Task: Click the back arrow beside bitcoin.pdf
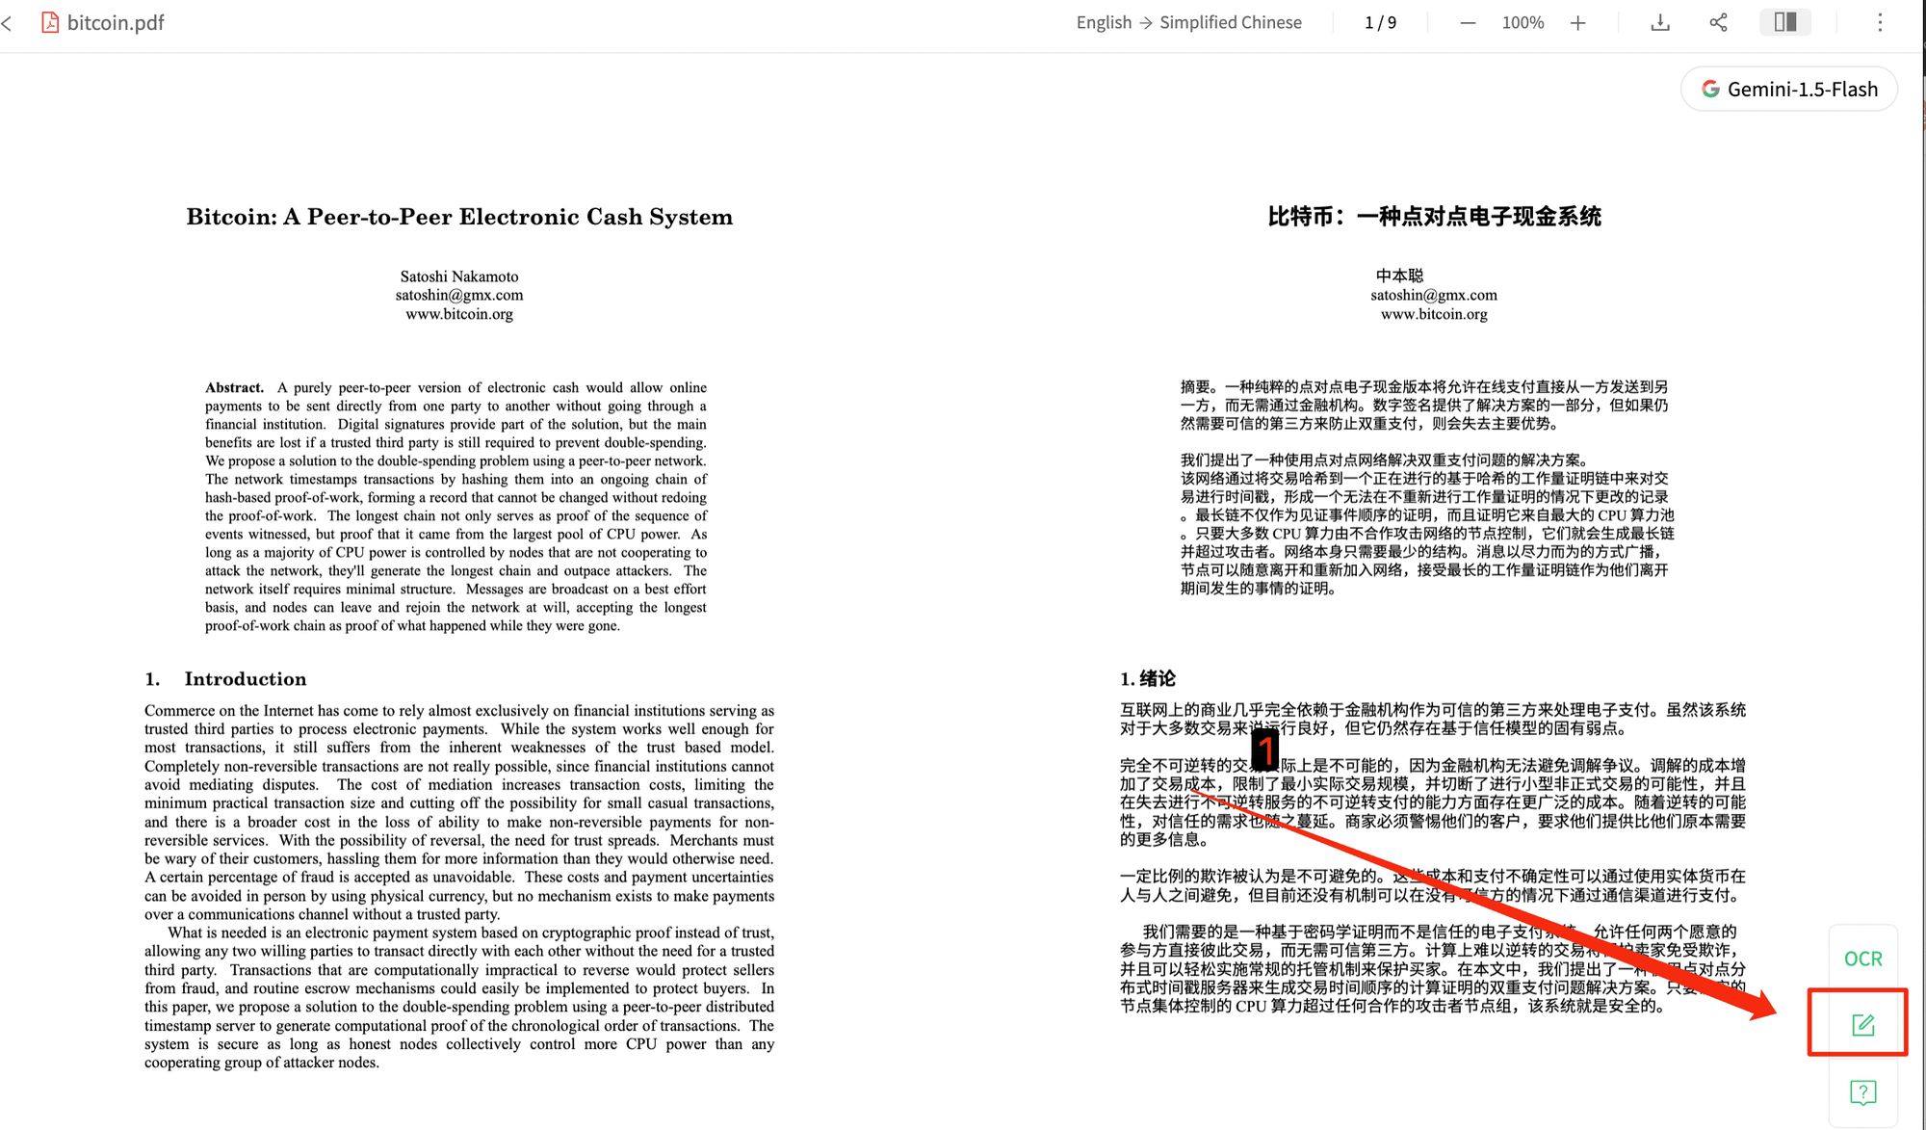[8, 23]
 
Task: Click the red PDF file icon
[50, 22]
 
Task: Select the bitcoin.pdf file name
[116, 23]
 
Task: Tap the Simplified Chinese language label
[1230, 23]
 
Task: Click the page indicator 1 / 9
[1380, 23]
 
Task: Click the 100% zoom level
[1523, 23]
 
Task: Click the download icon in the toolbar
[1660, 23]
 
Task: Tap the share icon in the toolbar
[1718, 23]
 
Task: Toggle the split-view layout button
[1784, 22]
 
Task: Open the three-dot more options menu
[1880, 23]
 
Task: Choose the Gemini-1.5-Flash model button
[1789, 90]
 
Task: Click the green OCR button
[1862, 959]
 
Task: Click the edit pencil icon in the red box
[1862, 1024]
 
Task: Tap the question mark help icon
[1862, 1092]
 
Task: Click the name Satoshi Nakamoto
[459, 276]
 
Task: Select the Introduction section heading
[245, 679]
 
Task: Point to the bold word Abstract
[234, 387]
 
